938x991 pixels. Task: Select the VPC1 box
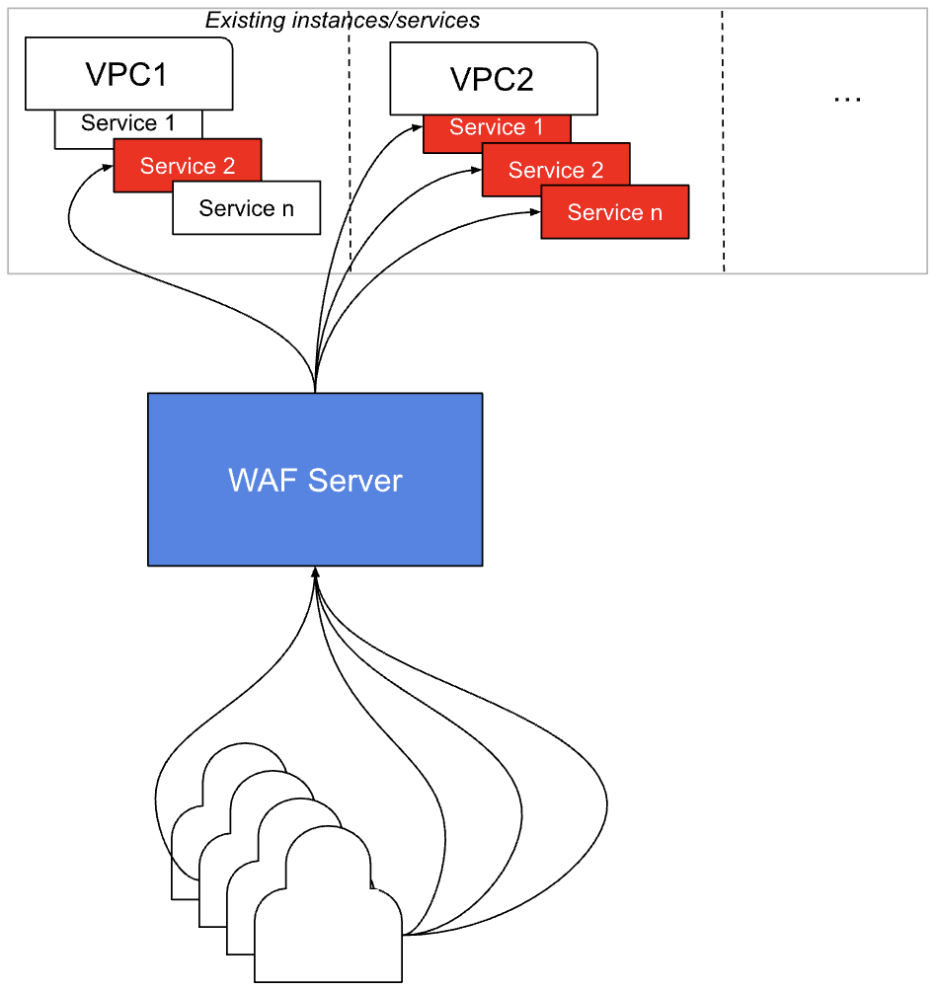(x=128, y=74)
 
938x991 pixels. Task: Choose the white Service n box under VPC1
(x=246, y=209)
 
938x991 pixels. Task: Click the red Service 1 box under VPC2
(x=497, y=128)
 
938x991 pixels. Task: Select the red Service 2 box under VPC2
(x=556, y=170)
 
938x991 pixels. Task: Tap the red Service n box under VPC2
(x=614, y=213)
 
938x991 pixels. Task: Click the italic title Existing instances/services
(x=342, y=20)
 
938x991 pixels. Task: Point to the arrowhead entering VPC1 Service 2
(x=108, y=167)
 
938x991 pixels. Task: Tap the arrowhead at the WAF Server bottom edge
(x=315, y=572)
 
